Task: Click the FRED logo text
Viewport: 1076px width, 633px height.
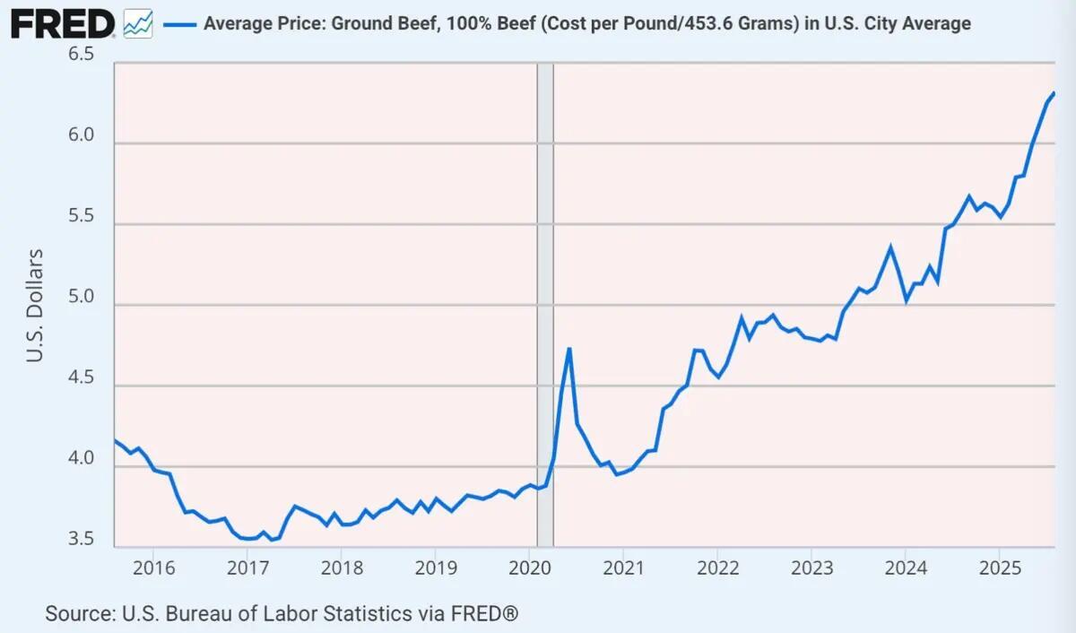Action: point(62,23)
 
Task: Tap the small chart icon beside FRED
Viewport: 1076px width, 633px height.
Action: point(137,24)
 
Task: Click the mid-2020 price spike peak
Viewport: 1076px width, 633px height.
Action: point(569,349)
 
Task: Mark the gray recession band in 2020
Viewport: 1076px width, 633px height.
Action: point(544,305)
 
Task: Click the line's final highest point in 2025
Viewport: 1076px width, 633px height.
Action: point(1054,93)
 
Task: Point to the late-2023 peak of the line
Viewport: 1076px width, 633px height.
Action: point(890,247)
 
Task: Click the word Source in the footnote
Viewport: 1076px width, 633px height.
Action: point(78,614)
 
